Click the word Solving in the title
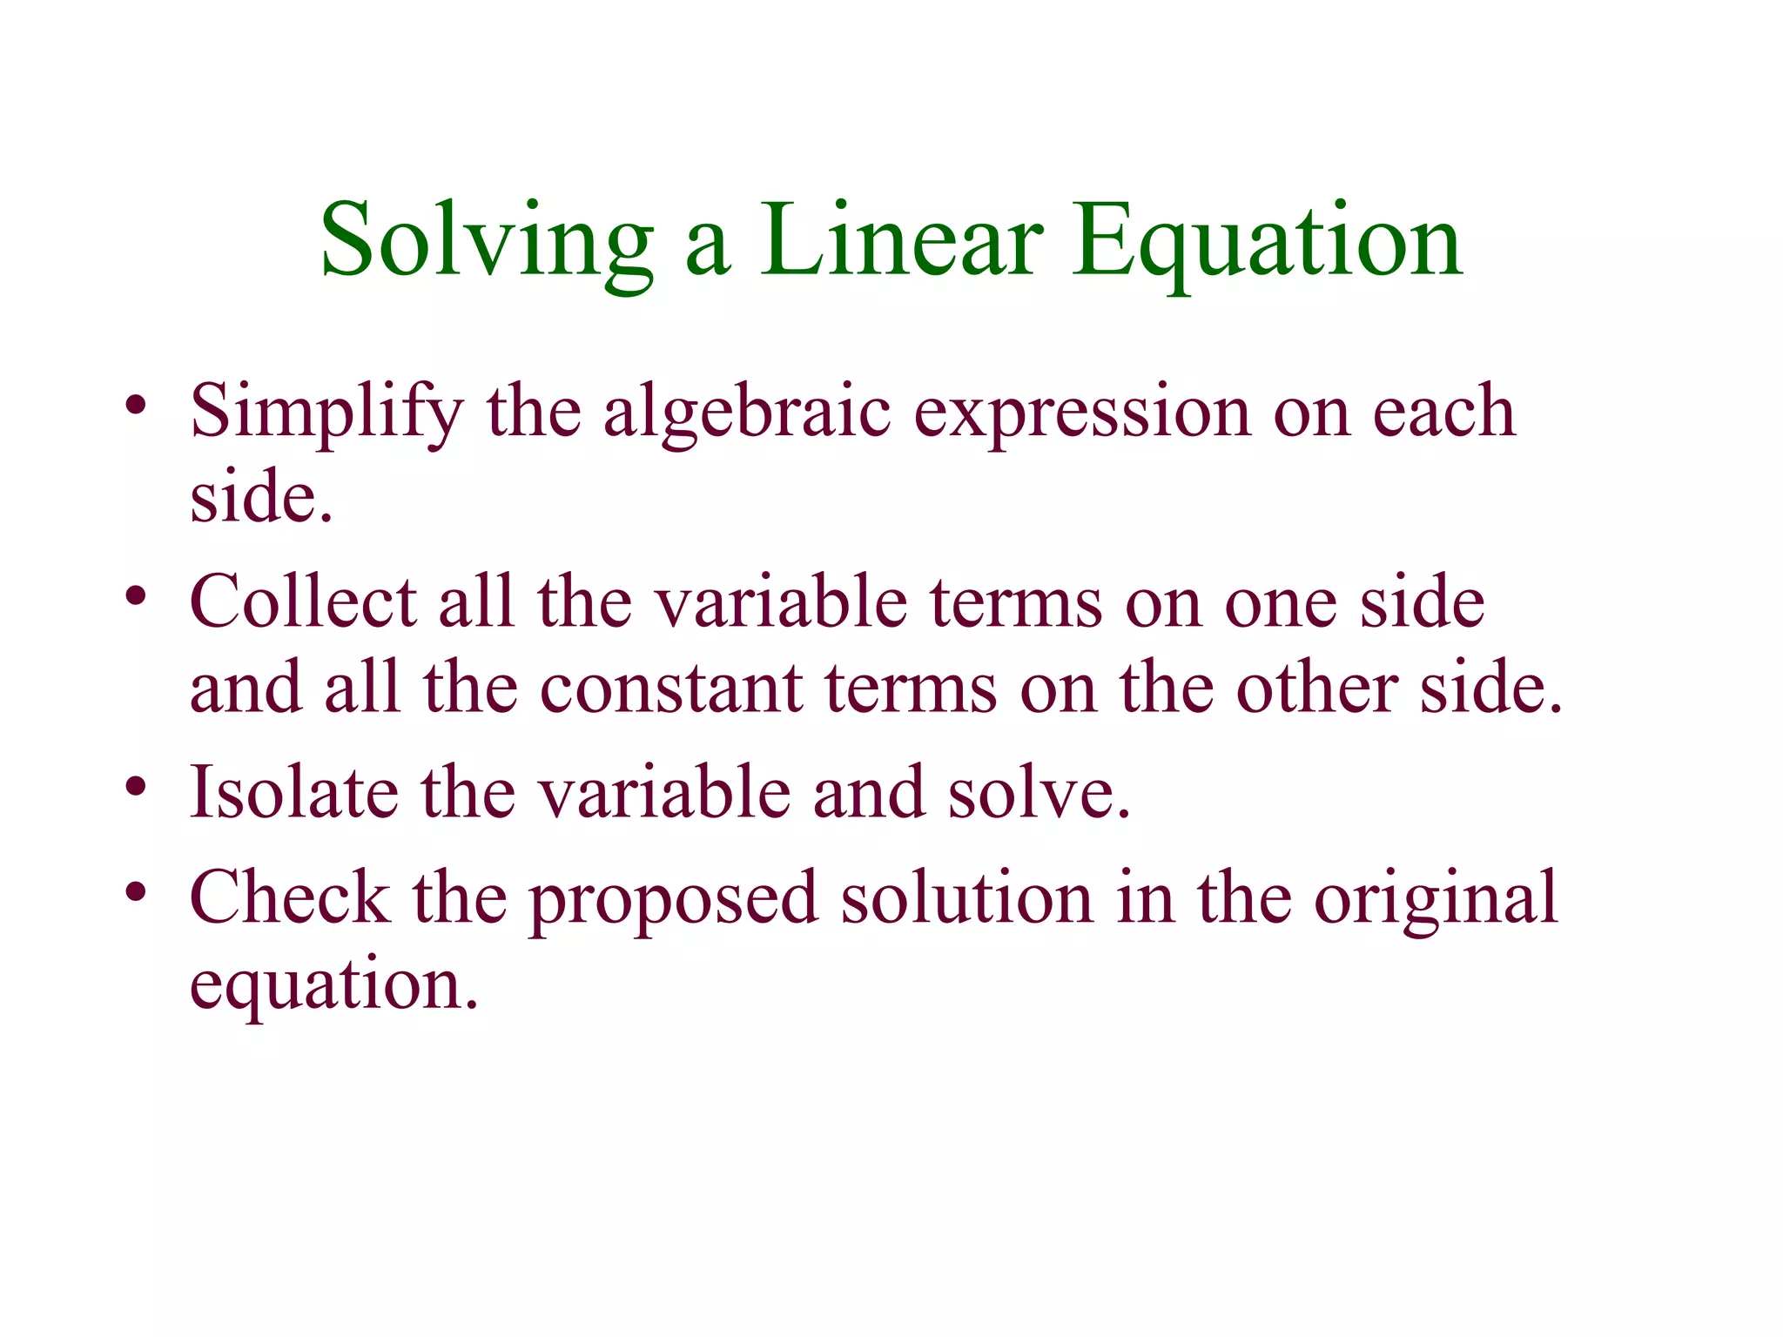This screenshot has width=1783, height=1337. tap(487, 241)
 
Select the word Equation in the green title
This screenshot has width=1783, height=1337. tap(1267, 241)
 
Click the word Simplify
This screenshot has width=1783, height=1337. tap(327, 412)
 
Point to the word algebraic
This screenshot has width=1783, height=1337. tap(748, 412)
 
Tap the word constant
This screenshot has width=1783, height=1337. tap(671, 689)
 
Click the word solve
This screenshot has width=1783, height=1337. tap(1039, 792)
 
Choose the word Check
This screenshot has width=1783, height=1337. tap(290, 897)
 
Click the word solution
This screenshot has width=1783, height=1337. tap(966, 897)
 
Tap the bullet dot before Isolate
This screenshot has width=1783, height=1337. tap(135, 787)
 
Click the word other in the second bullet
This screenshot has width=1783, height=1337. tap(1317, 689)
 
